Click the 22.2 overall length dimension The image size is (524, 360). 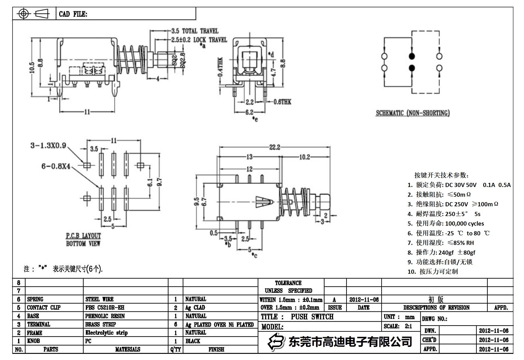point(275,147)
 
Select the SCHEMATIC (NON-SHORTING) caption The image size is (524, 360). point(413,113)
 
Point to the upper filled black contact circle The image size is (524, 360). point(412,57)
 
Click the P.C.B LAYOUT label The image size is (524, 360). point(83,236)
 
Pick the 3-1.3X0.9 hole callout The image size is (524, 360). point(48,146)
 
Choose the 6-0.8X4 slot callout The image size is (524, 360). point(56,166)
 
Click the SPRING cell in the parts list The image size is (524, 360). point(35,299)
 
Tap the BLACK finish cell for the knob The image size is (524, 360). point(193,341)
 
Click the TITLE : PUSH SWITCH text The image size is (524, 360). point(297,317)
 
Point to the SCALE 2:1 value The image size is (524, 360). point(408,326)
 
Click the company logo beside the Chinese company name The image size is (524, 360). point(276,342)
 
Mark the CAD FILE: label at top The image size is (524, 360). point(73,14)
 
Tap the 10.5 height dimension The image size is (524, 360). point(32,68)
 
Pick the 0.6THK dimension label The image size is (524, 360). point(282,102)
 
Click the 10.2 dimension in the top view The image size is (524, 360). point(304,157)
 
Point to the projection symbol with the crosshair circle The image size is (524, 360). point(24,14)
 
